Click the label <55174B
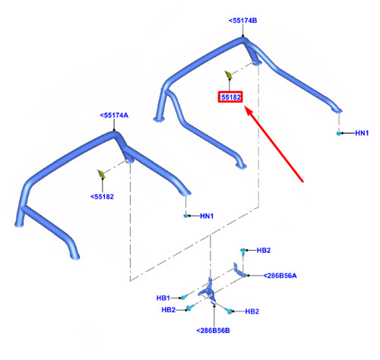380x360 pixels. tap(242, 21)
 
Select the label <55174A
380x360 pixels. tap(114, 115)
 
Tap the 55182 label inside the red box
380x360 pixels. tap(230, 97)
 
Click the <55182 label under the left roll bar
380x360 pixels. tap(102, 197)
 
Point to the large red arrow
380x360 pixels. tap(274, 144)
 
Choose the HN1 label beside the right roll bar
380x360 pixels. tap(362, 133)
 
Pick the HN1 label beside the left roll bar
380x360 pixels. tap(207, 216)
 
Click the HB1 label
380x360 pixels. tap(163, 298)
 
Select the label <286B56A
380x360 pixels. tap(280, 276)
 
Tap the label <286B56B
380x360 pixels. tap(214, 330)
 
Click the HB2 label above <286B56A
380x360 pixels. tap(264, 251)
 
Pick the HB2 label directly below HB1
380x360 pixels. tap(169, 310)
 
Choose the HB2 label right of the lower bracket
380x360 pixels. tap(252, 311)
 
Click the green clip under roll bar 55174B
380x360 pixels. tap(228, 75)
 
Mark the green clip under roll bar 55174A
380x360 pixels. tap(101, 174)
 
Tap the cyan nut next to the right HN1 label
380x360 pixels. tap(338, 134)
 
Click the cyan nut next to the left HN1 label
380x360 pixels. tap(185, 216)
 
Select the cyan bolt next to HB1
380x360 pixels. tap(184, 297)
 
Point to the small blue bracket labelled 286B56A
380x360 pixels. tap(239, 271)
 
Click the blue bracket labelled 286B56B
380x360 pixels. tap(209, 291)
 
